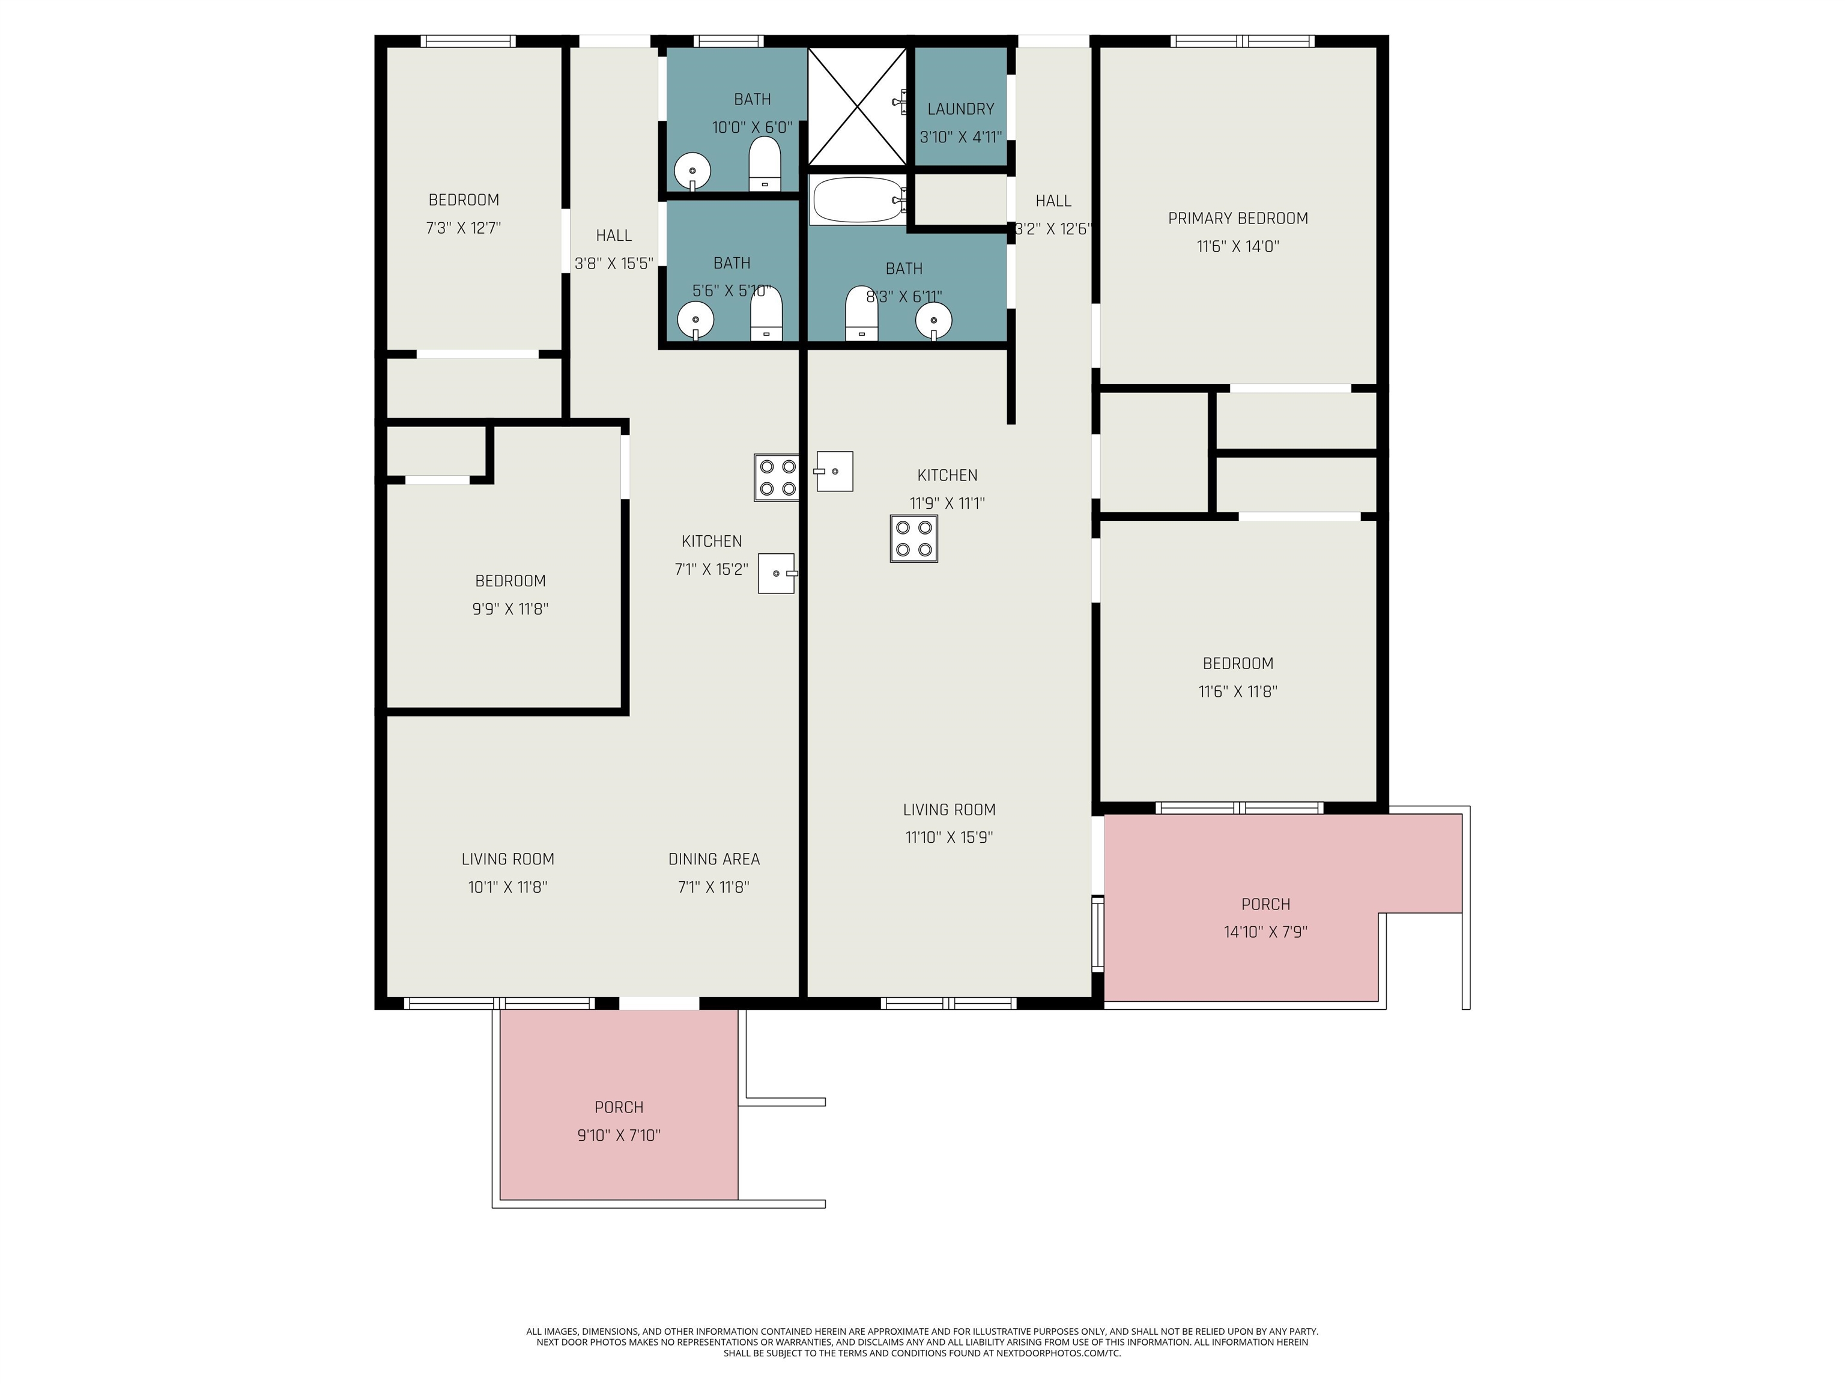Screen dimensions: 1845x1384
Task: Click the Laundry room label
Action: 961,109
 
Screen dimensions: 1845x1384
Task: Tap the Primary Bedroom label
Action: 1238,219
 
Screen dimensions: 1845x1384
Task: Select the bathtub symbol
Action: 858,200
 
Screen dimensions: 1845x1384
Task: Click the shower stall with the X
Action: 858,106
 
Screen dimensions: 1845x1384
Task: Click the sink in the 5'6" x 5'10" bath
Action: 695,320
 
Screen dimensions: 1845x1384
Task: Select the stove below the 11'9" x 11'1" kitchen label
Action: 914,539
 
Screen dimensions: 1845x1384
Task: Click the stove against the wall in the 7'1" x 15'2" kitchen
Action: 777,477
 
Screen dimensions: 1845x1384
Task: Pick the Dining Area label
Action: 714,859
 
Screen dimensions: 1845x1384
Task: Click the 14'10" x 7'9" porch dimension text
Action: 1265,932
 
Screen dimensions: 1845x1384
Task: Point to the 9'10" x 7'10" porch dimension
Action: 619,1135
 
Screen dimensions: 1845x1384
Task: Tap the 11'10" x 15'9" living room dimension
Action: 949,837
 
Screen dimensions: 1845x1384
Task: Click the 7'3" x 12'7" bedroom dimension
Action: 464,228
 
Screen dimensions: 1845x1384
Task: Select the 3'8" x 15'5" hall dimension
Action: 614,264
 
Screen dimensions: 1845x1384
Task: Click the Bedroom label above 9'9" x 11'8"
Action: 510,581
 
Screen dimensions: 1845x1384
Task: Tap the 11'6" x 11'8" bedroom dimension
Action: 1238,691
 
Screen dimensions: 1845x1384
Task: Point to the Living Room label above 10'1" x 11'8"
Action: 508,859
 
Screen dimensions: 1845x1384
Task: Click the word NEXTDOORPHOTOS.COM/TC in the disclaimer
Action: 1058,1353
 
